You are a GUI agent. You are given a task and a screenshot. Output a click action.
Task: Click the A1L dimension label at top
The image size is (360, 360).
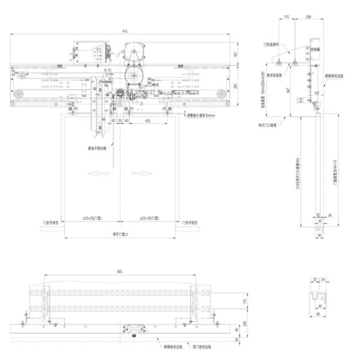point(125,30)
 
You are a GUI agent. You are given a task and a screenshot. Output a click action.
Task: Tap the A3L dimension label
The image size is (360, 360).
point(148,121)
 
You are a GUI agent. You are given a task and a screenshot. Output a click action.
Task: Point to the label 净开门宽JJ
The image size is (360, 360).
point(122,235)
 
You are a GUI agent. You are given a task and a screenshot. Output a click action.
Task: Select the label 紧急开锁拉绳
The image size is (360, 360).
point(97,146)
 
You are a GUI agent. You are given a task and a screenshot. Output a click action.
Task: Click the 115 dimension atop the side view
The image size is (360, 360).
point(286,18)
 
